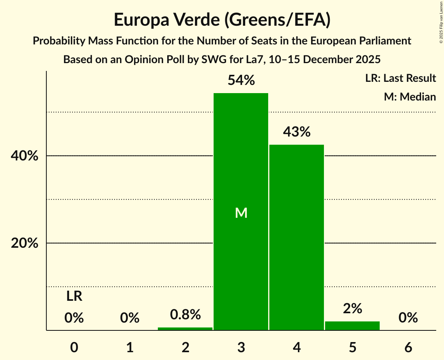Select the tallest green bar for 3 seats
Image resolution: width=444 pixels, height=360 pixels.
[x=241, y=164]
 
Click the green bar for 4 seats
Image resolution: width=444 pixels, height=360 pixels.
[x=297, y=237]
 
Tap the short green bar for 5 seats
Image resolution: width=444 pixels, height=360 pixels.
[x=352, y=326]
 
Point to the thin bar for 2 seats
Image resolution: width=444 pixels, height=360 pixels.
[x=185, y=329]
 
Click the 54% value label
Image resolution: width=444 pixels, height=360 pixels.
[x=241, y=81]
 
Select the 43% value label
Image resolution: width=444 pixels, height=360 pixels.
[x=297, y=132]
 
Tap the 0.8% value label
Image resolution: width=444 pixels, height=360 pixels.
[x=185, y=314]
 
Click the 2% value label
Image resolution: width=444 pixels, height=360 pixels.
[x=352, y=309]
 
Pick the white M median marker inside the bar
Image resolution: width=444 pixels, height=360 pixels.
[x=241, y=213]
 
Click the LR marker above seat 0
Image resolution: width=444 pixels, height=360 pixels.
[x=74, y=296]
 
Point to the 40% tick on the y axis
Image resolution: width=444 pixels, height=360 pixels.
[x=24, y=156]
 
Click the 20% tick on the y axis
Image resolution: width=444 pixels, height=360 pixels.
[x=24, y=243]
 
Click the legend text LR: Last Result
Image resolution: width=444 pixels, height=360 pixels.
[x=400, y=78]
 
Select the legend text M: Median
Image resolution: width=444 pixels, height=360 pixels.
[x=410, y=97]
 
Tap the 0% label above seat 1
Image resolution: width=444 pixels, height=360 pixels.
[x=130, y=318]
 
